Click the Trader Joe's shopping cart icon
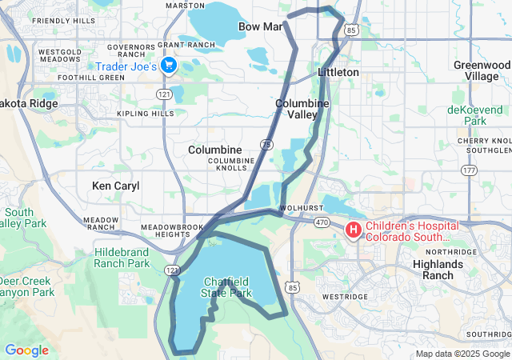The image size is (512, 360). (x=168, y=66)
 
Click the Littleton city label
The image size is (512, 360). (x=338, y=72)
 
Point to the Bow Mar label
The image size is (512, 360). (x=261, y=27)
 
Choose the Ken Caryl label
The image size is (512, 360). (x=116, y=186)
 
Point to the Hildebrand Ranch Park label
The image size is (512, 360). (x=122, y=258)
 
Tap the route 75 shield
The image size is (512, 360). (x=266, y=143)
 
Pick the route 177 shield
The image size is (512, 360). (x=469, y=170)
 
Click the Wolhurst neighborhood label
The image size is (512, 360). (x=294, y=209)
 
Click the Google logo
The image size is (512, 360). (x=26, y=350)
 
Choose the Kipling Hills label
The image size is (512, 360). (x=146, y=114)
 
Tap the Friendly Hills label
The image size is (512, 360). (x=63, y=20)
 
